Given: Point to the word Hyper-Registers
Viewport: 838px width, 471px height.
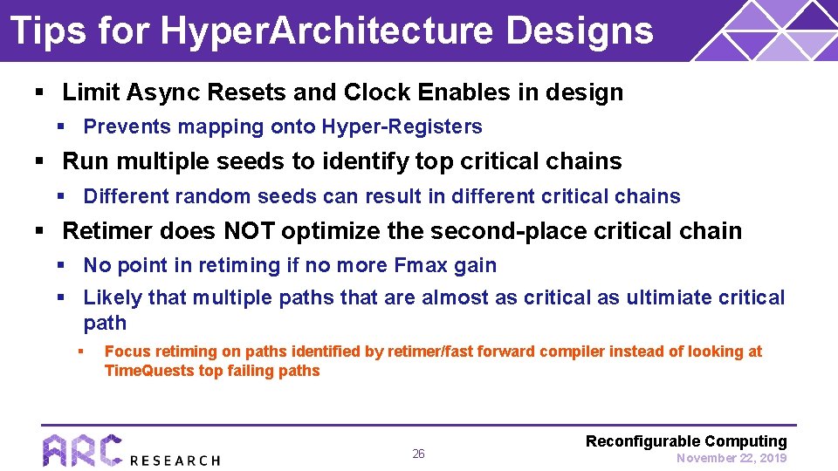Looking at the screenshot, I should tap(402, 127).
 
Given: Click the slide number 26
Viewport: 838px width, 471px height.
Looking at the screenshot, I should tap(418, 454).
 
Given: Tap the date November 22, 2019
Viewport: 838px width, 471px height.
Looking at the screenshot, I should tap(732, 458).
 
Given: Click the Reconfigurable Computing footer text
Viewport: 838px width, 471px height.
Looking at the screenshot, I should tap(686, 441).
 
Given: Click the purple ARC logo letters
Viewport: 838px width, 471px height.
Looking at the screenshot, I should tap(82, 450).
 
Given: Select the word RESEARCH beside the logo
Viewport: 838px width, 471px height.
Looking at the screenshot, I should tap(175, 460).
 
